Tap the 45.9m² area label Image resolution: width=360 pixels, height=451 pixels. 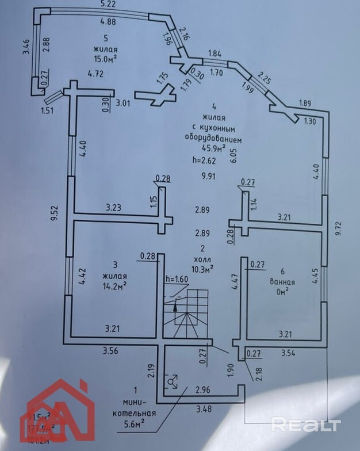click(215, 147)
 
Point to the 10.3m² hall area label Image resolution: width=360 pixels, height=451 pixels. click(203, 267)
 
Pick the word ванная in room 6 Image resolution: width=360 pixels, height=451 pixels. click(282, 282)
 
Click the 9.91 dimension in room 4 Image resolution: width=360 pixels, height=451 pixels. click(208, 177)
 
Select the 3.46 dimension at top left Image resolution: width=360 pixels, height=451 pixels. click(25, 47)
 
